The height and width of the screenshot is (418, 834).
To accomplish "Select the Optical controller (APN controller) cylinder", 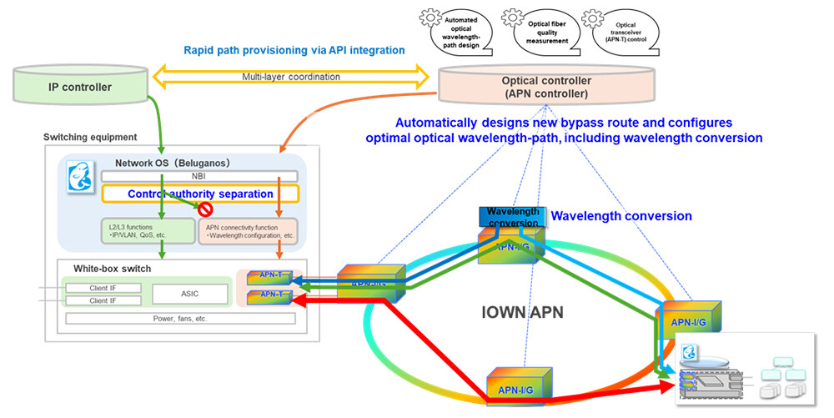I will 546,87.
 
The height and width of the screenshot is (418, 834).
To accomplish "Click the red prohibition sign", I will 203,211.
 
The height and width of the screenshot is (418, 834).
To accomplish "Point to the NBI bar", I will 198,176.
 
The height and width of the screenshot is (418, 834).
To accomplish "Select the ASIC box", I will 189,293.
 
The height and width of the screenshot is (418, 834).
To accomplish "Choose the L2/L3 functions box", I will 144,231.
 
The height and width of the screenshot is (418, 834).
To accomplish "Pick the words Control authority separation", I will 199,194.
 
